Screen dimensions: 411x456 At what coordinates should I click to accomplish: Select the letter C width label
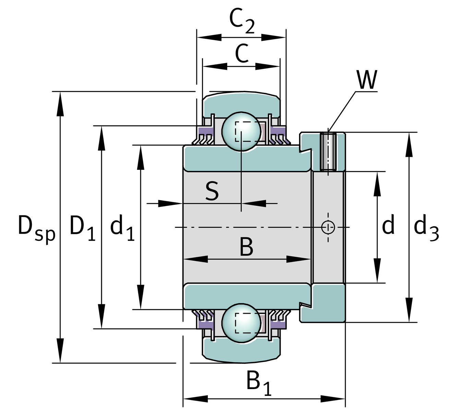[242, 54]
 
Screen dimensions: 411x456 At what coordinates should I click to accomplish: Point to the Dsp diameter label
[36, 228]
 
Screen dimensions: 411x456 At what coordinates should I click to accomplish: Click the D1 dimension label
[82, 228]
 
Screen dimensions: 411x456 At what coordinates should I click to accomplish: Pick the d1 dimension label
[122, 228]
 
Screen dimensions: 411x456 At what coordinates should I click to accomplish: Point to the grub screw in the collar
[328, 151]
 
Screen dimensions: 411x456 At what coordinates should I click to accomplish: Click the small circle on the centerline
[328, 227]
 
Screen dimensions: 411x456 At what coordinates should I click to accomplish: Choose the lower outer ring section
[241, 351]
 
